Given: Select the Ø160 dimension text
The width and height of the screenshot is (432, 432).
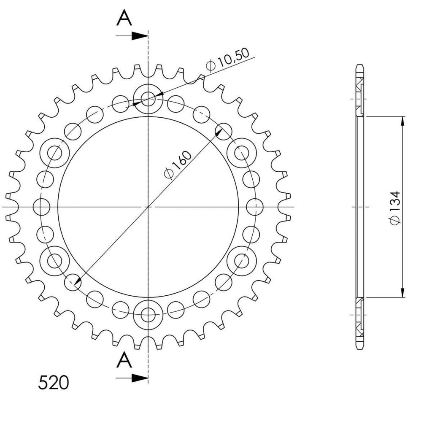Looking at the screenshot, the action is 178,165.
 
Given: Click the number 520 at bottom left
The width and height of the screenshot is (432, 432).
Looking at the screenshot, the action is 53,382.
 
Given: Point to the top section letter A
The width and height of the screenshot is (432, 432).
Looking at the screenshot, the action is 124,18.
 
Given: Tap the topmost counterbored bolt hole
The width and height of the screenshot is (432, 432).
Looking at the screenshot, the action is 148,99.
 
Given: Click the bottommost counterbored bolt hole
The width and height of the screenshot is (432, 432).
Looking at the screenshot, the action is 148,315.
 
